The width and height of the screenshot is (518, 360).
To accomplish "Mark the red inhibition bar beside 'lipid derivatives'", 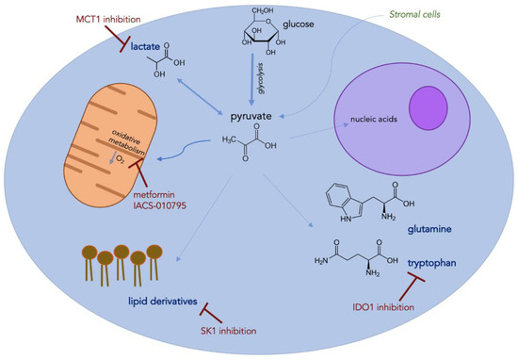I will click(219, 312).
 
